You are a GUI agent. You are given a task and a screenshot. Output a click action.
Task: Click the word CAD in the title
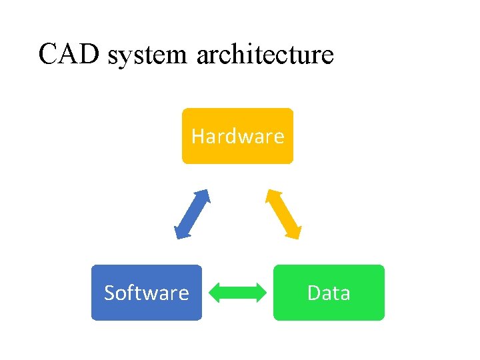click(69, 53)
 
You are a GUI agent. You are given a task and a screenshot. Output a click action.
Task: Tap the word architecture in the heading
click(265, 55)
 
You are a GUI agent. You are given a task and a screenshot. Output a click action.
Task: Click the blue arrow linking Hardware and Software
click(192, 214)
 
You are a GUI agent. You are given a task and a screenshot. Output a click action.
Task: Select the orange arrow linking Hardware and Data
click(284, 214)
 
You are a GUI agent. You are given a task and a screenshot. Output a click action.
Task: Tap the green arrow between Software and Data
click(237, 293)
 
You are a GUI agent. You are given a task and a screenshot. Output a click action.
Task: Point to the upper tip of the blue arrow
click(207, 191)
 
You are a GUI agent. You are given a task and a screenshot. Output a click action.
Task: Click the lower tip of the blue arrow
click(177, 236)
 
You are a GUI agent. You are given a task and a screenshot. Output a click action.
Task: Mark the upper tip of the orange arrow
click(269, 191)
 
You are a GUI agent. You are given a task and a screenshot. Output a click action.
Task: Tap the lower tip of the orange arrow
click(299, 236)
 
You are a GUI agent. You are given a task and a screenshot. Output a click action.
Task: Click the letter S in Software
click(110, 293)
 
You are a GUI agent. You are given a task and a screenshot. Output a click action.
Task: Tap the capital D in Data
click(313, 293)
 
